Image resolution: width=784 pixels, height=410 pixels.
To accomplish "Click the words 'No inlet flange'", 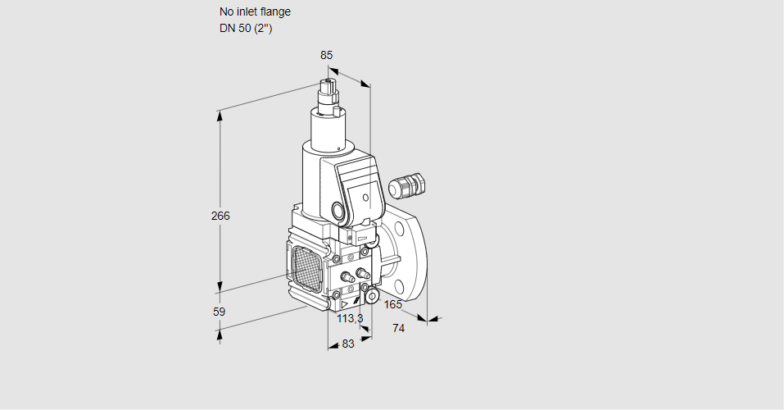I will [255, 12].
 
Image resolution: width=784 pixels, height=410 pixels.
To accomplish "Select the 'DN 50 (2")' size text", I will [246, 29].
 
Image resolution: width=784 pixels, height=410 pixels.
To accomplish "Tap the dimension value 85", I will [326, 55].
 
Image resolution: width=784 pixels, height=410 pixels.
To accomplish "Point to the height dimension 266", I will [220, 216].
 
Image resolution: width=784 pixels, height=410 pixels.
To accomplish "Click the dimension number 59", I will [219, 312].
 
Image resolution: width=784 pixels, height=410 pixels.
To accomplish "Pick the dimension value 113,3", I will [350, 318].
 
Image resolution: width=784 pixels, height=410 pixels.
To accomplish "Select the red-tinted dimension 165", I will [393, 305].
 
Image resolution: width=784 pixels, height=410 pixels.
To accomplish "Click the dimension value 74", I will [399, 328].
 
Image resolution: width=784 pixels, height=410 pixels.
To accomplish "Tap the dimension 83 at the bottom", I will [347, 344].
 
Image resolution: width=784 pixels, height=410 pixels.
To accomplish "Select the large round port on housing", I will [338, 210].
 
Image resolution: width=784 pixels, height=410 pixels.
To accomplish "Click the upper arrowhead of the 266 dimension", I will [220, 115].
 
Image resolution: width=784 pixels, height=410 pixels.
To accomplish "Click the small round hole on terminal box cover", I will [365, 197].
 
